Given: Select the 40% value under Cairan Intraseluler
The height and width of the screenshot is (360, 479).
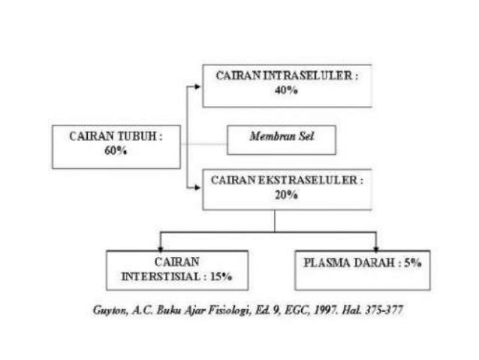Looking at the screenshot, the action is [286, 89].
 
